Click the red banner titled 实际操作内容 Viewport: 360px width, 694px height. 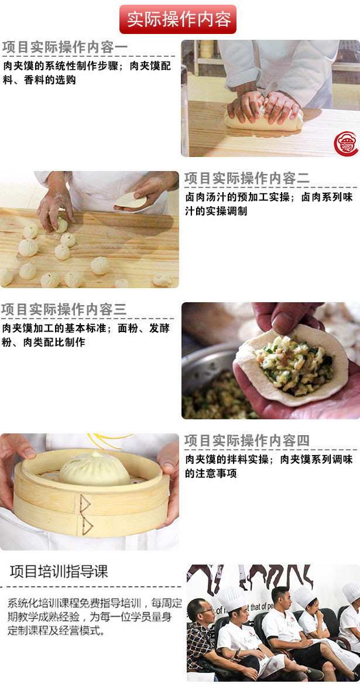(178, 19)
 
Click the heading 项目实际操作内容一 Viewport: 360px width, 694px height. (65, 47)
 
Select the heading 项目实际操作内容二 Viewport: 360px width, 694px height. (247, 179)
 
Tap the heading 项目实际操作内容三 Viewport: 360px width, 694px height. (64, 309)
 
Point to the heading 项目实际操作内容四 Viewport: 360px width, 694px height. (247, 440)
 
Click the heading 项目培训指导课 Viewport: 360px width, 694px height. (59, 572)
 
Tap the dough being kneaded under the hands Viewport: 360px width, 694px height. (264, 119)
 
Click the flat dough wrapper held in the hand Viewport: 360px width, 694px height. (131, 200)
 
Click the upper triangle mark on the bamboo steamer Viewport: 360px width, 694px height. (85, 503)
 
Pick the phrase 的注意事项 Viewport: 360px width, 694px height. (211, 473)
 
